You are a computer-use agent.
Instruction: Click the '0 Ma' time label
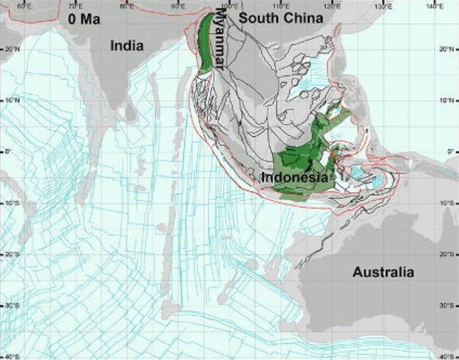point(84,20)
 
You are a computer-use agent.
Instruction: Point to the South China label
point(281,18)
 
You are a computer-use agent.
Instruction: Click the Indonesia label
point(294,177)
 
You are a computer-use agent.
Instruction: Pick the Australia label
point(383,272)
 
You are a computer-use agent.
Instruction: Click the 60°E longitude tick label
point(24,6)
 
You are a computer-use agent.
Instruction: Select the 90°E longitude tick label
point(178,6)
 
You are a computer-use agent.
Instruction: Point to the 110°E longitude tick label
point(281,6)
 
